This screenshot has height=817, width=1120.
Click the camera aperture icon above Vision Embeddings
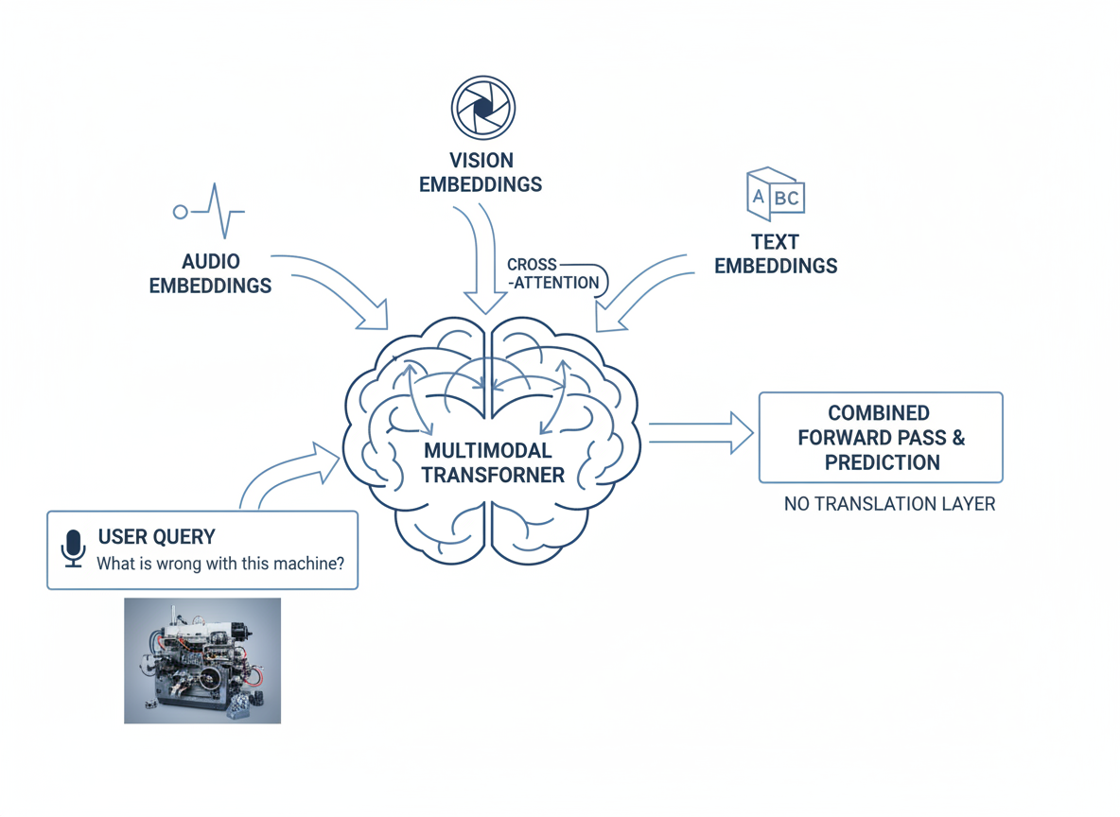point(482,108)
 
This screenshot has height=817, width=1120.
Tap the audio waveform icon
point(210,211)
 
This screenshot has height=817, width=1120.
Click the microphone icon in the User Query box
point(73,548)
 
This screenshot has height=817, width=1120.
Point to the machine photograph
point(202,660)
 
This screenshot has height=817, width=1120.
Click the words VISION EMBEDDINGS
point(481,172)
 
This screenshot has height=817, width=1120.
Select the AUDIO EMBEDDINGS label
point(210,273)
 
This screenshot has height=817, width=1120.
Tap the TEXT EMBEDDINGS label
point(775,254)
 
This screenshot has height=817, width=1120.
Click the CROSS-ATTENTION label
point(552,273)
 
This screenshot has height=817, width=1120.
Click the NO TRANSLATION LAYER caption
point(889,504)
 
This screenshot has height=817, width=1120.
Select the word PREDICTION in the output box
point(882,462)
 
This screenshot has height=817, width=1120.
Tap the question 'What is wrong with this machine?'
point(220,564)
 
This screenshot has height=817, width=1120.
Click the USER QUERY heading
point(156,537)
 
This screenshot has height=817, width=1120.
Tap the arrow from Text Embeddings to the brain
point(643,288)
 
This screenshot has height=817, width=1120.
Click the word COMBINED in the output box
point(879,413)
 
